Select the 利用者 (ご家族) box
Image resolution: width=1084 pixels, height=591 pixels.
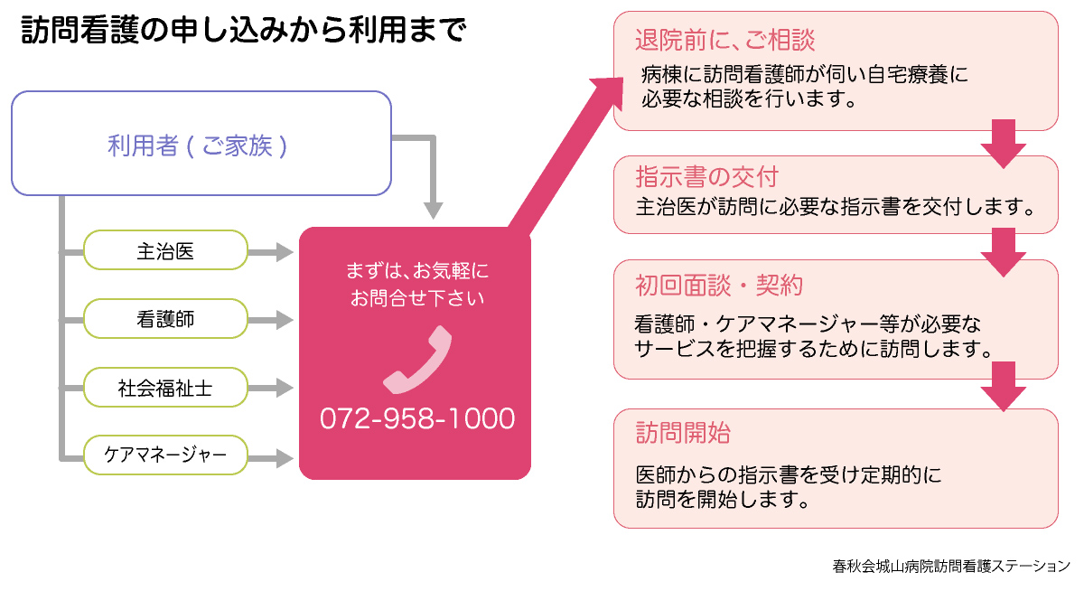click(x=201, y=144)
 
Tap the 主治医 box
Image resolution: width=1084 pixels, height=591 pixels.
click(x=165, y=250)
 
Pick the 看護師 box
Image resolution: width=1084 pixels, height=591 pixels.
click(x=165, y=319)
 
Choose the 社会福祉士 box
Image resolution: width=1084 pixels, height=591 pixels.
click(x=165, y=389)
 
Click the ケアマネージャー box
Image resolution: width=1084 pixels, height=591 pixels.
click(x=165, y=455)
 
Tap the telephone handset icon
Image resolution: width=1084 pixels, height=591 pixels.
click(x=416, y=361)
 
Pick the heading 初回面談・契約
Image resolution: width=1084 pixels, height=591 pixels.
click(x=719, y=286)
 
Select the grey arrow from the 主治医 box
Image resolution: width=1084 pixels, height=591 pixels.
click(x=271, y=250)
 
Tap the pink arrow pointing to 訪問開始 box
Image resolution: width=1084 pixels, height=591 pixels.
click(x=1003, y=387)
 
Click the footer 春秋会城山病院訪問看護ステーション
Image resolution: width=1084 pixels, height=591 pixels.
click(x=951, y=567)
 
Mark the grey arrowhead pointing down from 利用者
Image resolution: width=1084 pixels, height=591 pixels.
click(x=434, y=209)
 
